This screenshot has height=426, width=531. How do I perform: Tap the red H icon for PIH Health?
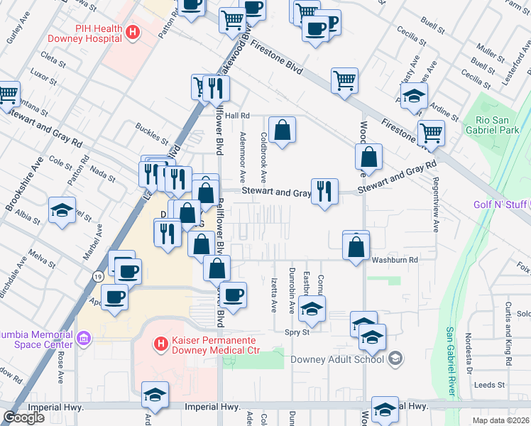point(131,32)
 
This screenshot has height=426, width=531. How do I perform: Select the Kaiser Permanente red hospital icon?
point(161,344)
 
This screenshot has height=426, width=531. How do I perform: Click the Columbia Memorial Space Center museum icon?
point(84,338)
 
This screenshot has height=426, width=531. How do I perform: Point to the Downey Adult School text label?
point(338,359)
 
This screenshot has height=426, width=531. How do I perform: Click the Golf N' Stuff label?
point(502,205)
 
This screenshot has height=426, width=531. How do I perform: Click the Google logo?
point(23,417)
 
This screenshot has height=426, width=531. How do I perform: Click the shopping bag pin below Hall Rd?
point(282,130)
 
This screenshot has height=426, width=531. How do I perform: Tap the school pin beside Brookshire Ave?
point(62,210)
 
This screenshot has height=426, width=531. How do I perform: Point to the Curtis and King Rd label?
point(508,334)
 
